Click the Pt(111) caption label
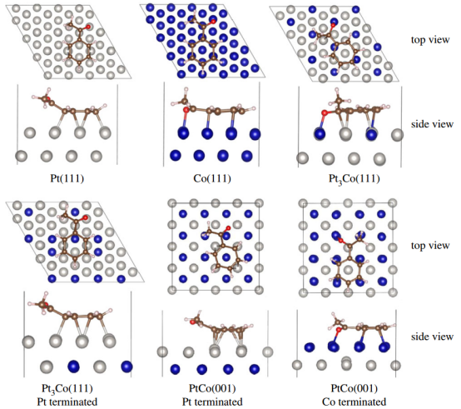pyautogui.click(x=67, y=178)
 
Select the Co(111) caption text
pyautogui.click(x=212, y=178)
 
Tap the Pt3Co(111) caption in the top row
pyautogui.click(x=354, y=179)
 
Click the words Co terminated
pyautogui.click(x=354, y=402)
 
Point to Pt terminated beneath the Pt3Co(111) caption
pyautogui.click(x=67, y=402)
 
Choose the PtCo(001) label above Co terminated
pyautogui.click(x=354, y=388)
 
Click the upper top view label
pyautogui.click(x=430, y=40)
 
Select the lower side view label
pyautogui.click(x=432, y=337)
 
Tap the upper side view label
pyautogui.click(x=432, y=124)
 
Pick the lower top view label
pyautogui.click(x=430, y=246)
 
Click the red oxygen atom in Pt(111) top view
pyautogui.click(x=88, y=27)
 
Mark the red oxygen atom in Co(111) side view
pyautogui.click(x=186, y=110)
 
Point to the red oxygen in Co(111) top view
pyautogui.click(x=213, y=22)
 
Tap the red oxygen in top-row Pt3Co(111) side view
pyautogui.click(x=325, y=112)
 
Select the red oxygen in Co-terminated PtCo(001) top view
pyautogui.click(x=340, y=241)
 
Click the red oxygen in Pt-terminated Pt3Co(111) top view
pyautogui.click(x=85, y=217)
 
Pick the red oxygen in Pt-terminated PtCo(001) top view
pyautogui.click(x=229, y=227)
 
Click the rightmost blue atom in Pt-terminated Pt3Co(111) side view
pyautogui.click(x=126, y=367)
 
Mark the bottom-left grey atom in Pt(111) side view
pyautogui.click(x=21, y=156)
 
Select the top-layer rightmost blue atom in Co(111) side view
pyautogui.click(x=255, y=134)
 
